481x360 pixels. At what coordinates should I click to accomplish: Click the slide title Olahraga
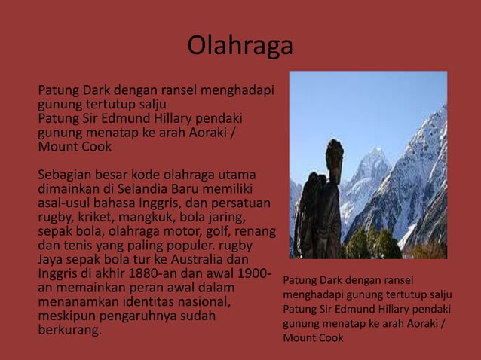tap(240, 47)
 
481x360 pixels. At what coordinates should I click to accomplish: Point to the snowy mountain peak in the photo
tap(375, 156)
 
